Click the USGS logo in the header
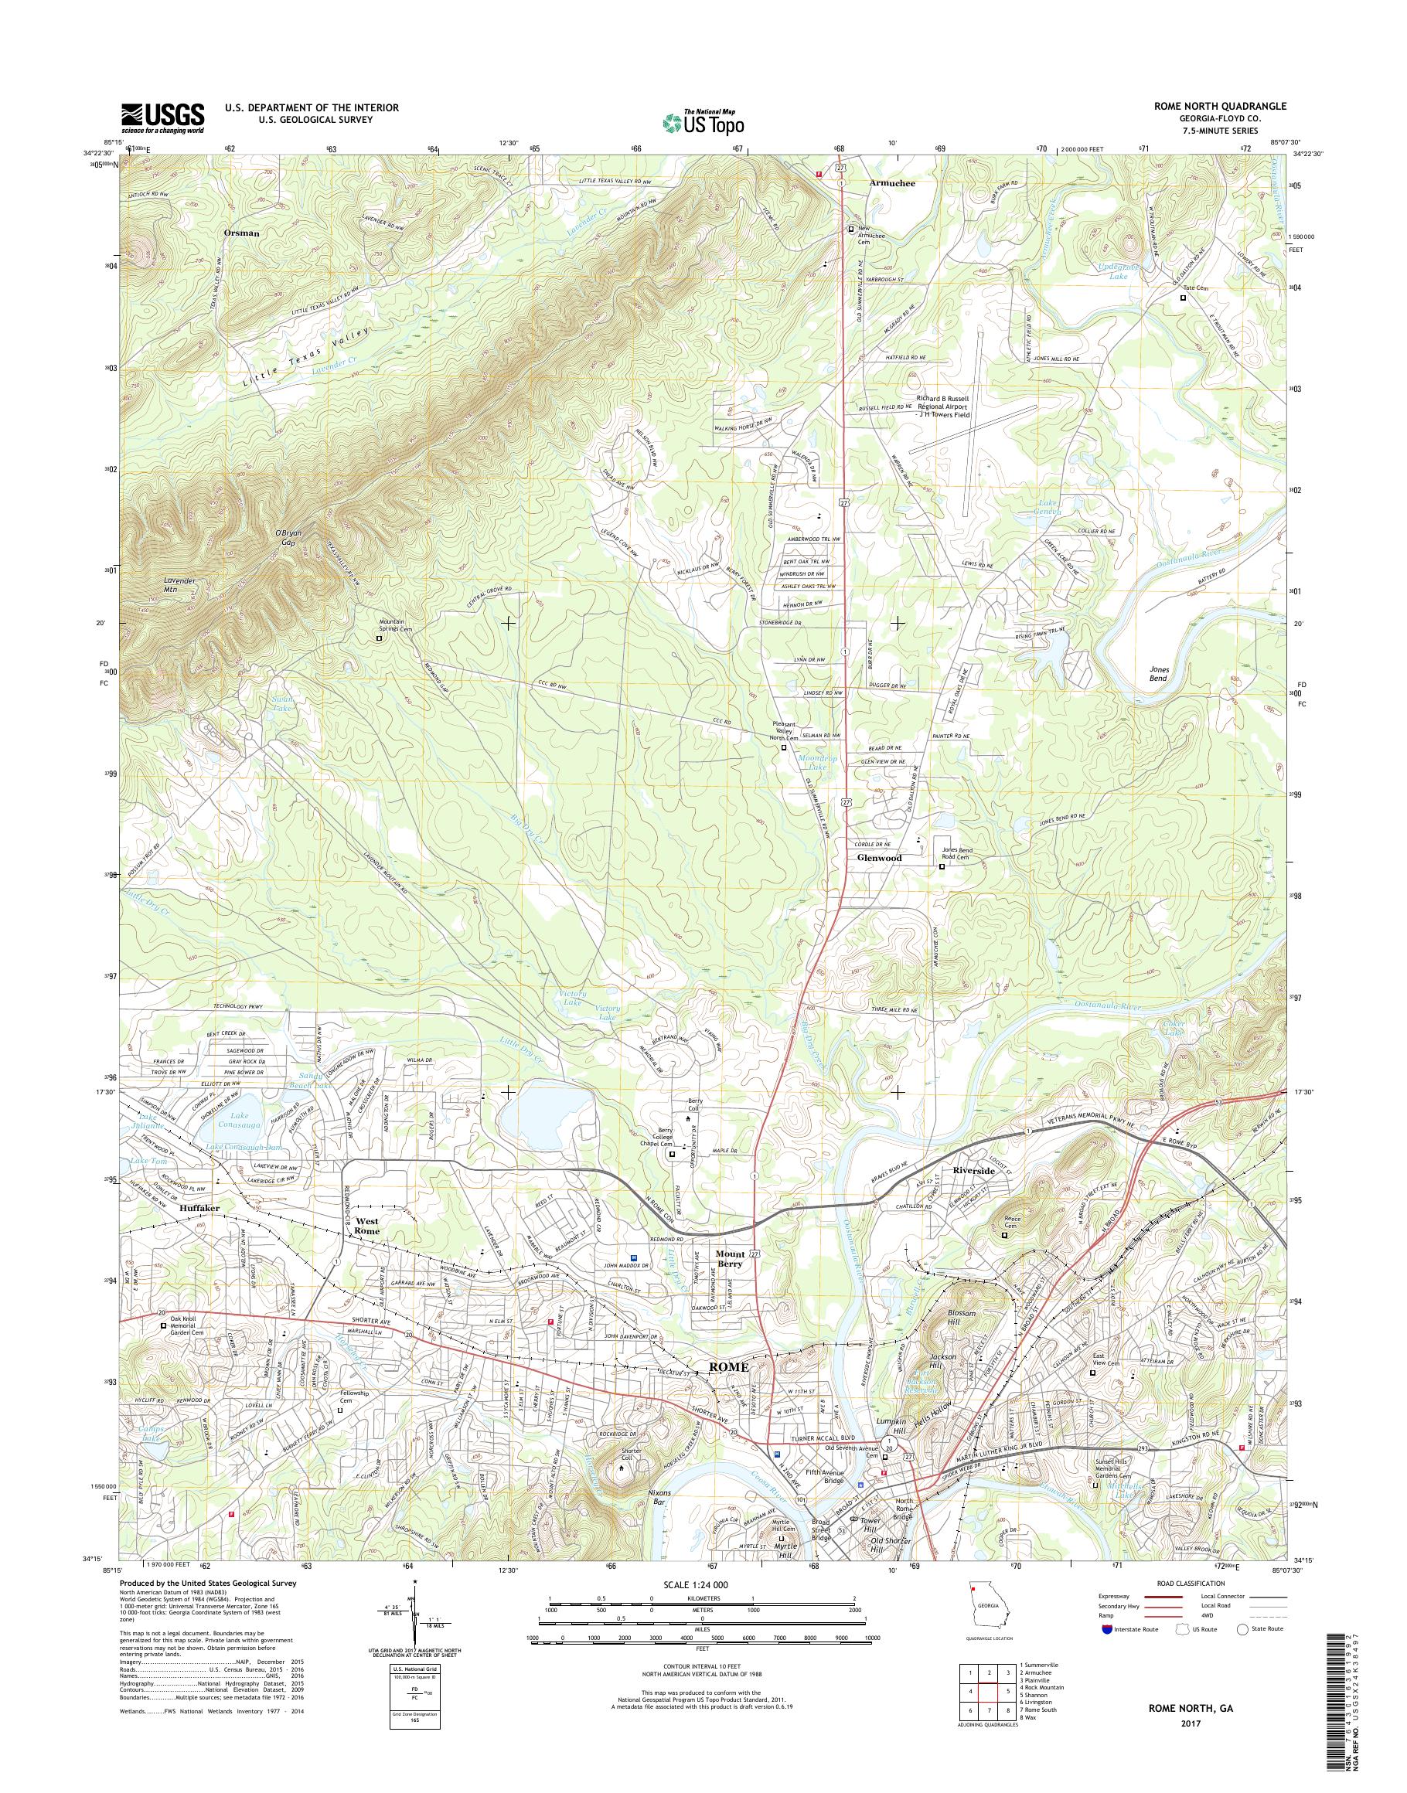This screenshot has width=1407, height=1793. (163, 117)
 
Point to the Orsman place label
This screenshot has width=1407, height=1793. (241, 233)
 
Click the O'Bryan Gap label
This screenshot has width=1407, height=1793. (288, 537)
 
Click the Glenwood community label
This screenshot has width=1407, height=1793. (879, 857)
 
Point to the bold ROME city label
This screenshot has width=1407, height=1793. (729, 1366)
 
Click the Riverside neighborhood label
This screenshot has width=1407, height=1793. (974, 1170)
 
